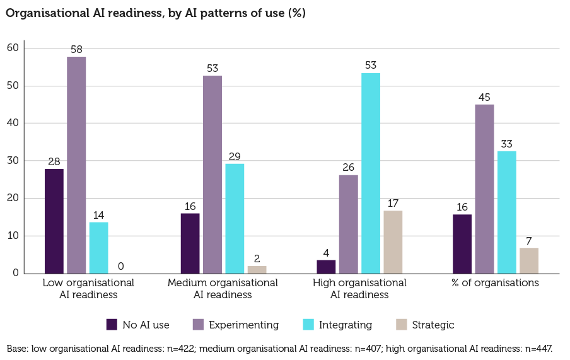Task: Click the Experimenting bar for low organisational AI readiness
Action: coord(76,165)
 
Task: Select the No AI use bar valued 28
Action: coord(54,221)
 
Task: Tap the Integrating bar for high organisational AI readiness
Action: coord(371,173)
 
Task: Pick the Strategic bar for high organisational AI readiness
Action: coord(393,242)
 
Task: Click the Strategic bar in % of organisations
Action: coord(529,261)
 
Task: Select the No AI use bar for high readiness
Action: coord(326,267)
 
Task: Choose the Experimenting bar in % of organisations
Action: coord(484,189)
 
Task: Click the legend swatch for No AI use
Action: coord(112,325)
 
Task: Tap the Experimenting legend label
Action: coord(243,325)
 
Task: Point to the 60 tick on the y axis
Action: coord(13,48)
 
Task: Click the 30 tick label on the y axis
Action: coord(13,161)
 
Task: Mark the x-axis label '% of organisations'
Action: coord(496,283)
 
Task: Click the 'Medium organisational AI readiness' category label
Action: coord(223,289)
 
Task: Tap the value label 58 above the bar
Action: coord(76,49)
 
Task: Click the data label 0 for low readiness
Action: coord(120,267)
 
